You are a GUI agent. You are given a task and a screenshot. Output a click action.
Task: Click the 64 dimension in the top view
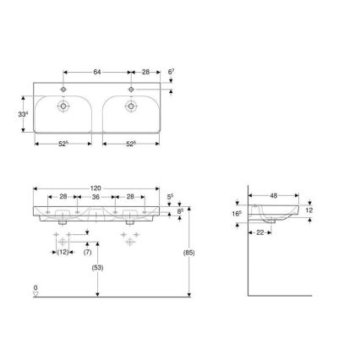click(x=98, y=73)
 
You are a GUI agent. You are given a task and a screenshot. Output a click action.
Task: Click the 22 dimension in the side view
click(x=261, y=232)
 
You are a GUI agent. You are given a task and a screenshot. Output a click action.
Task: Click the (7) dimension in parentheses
click(x=89, y=251)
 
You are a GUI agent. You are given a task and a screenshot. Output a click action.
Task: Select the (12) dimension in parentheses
click(x=63, y=251)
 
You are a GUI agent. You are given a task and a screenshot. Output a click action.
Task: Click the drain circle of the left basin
click(x=65, y=107)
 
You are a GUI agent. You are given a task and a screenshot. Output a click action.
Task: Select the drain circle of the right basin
click(x=132, y=107)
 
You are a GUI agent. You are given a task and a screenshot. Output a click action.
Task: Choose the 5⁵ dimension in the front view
click(x=170, y=196)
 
